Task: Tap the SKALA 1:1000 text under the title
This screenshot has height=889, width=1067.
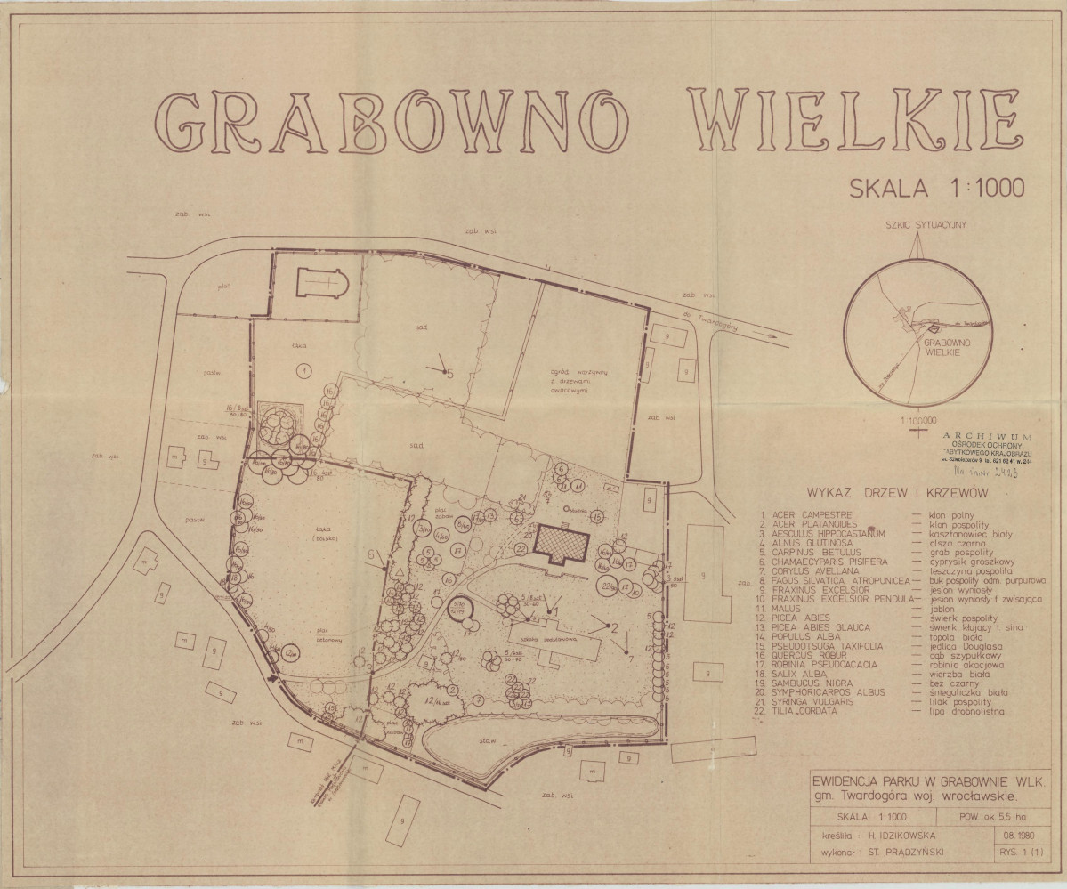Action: (937, 187)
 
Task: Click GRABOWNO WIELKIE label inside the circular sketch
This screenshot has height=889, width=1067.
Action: (949, 346)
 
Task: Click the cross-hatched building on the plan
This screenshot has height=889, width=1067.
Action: (562, 543)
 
